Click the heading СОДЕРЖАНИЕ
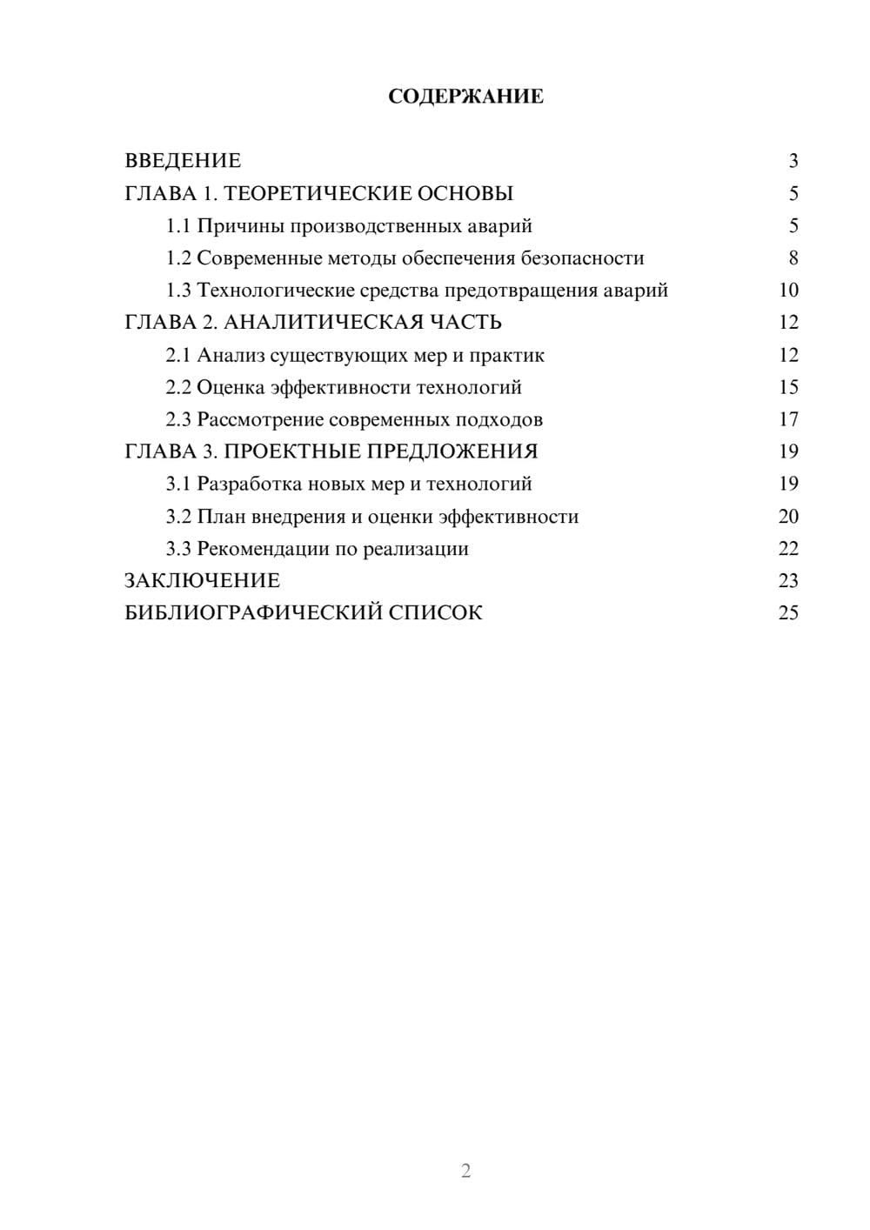465,97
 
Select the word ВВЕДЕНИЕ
183,161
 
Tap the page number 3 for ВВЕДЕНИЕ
793,161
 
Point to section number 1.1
178,226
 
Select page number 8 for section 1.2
793,258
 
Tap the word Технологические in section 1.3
266,291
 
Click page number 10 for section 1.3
788,291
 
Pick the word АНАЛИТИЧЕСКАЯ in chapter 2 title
324,323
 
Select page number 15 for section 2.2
788,387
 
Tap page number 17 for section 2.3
788,419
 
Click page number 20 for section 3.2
788,516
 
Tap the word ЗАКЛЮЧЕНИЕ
202,580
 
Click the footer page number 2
465,1171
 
